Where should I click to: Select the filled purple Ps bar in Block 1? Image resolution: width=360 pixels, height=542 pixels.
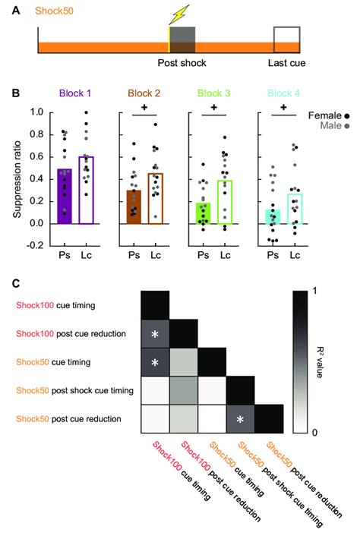click(x=65, y=196)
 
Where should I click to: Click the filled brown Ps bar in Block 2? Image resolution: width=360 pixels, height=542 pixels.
click(x=134, y=206)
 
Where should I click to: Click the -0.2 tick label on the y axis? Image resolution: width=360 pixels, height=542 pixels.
click(x=33, y=246)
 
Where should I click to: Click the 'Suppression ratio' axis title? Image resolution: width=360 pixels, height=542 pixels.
click(x=16, y=179)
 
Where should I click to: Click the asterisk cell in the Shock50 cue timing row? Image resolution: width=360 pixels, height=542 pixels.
click(x=155, y=363)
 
